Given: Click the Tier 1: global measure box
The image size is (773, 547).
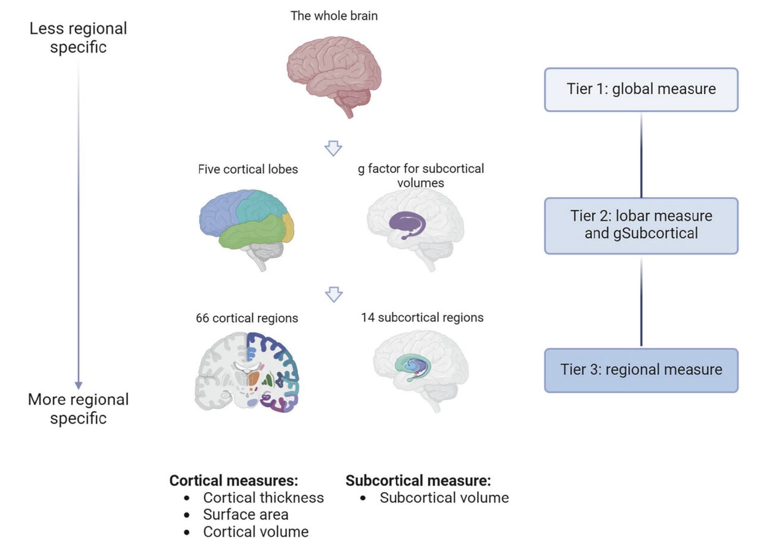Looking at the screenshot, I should [641, 89].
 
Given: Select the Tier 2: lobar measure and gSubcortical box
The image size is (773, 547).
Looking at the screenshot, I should [641, 225].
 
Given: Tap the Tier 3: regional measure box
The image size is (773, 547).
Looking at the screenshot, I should [641, 369].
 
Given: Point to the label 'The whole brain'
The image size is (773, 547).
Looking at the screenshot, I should [333, 16].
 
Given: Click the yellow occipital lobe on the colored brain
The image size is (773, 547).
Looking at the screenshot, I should [288, 227].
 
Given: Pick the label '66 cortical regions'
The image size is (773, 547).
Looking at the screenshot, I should [247, 318].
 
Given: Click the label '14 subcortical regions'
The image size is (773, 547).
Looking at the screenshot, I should [422, 318].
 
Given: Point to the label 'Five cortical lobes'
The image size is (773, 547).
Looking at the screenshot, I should [248, 170].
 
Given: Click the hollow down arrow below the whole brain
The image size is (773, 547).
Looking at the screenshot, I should [333, 148].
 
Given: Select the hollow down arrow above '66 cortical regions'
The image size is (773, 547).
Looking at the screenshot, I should [333, 294].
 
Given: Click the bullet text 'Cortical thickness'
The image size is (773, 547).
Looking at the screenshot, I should [263, 498].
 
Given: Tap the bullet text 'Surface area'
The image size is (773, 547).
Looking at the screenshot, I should [245, 514].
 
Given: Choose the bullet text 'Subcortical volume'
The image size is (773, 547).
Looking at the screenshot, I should [444, 498].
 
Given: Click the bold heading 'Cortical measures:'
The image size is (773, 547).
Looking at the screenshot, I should [233, 480].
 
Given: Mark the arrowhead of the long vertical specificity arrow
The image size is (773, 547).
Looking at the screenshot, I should [78, 385].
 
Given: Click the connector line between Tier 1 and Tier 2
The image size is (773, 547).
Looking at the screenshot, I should [641, 155].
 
